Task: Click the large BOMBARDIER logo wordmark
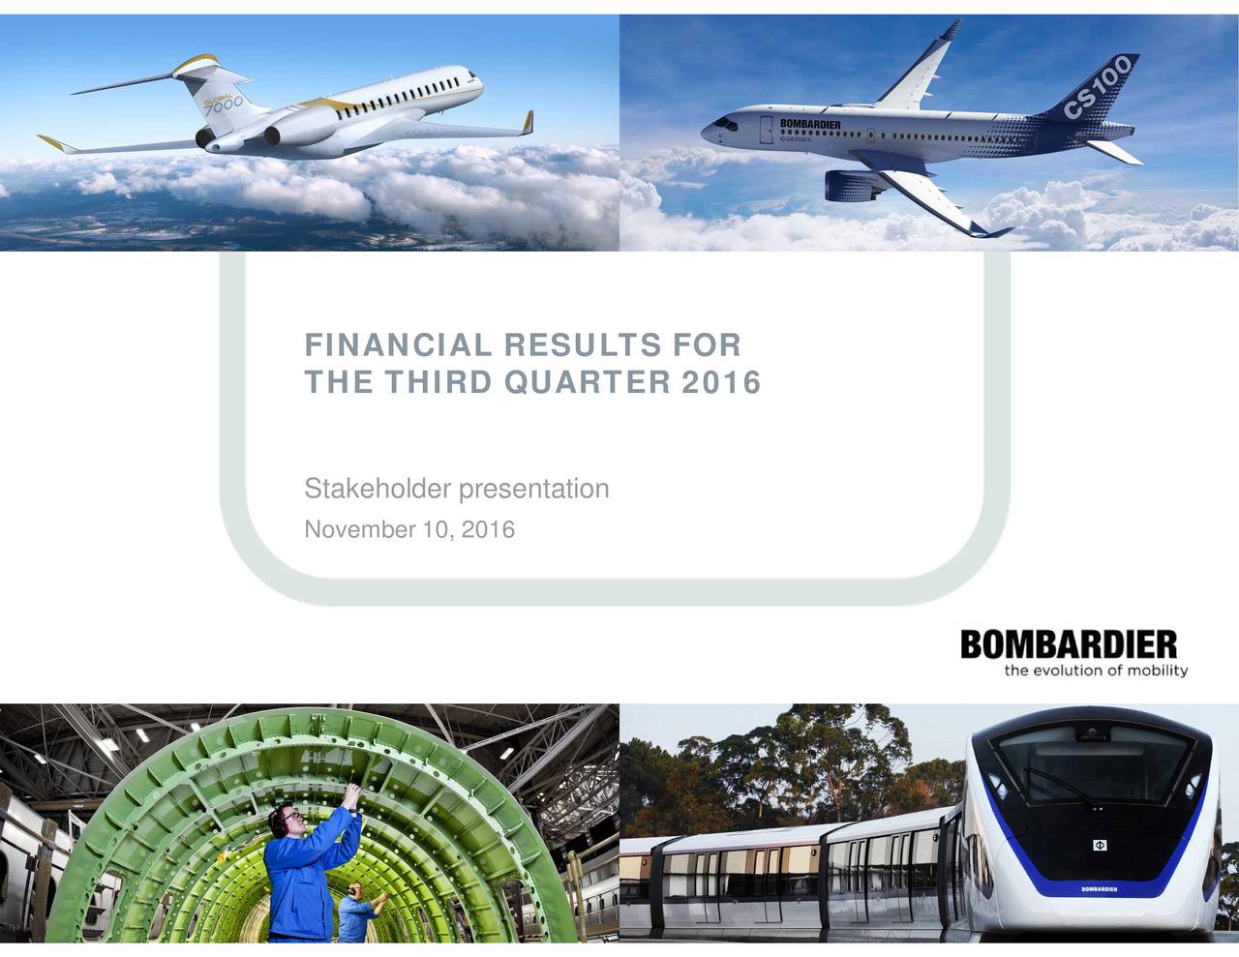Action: click(x=1069, y=644)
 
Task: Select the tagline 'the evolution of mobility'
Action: click(x=1095, y=672)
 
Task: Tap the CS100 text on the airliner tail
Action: click(x=1103, y=86)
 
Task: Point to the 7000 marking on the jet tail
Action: click(x=222, y=105)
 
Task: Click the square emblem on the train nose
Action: click(x=1100, y=846)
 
